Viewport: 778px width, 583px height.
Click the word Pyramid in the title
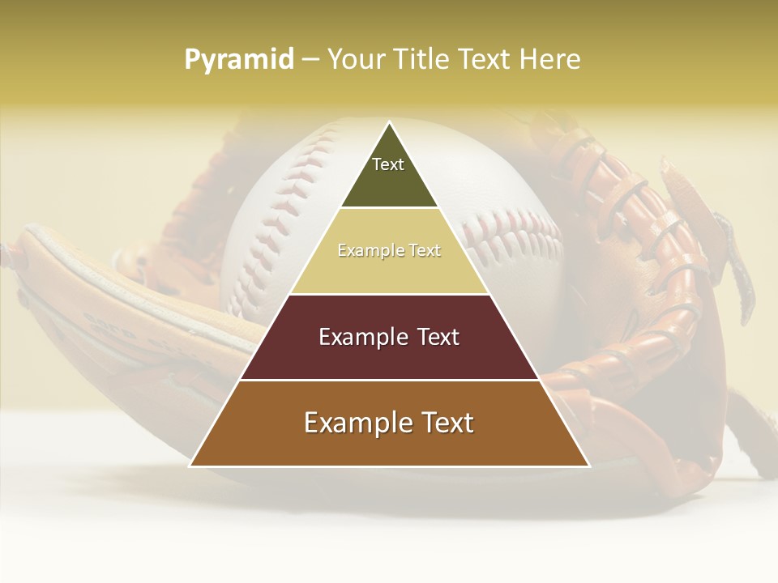coord(239,60)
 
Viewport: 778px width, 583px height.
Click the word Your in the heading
coord(356,60)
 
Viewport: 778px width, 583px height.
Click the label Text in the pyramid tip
coord(388,164)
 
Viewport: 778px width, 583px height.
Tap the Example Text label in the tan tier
coord(389,251)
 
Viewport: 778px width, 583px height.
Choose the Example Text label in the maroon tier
coord(389,337)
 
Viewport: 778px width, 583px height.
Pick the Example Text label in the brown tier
coord(389,423)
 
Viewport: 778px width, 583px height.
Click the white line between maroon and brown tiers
coord(389,380)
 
